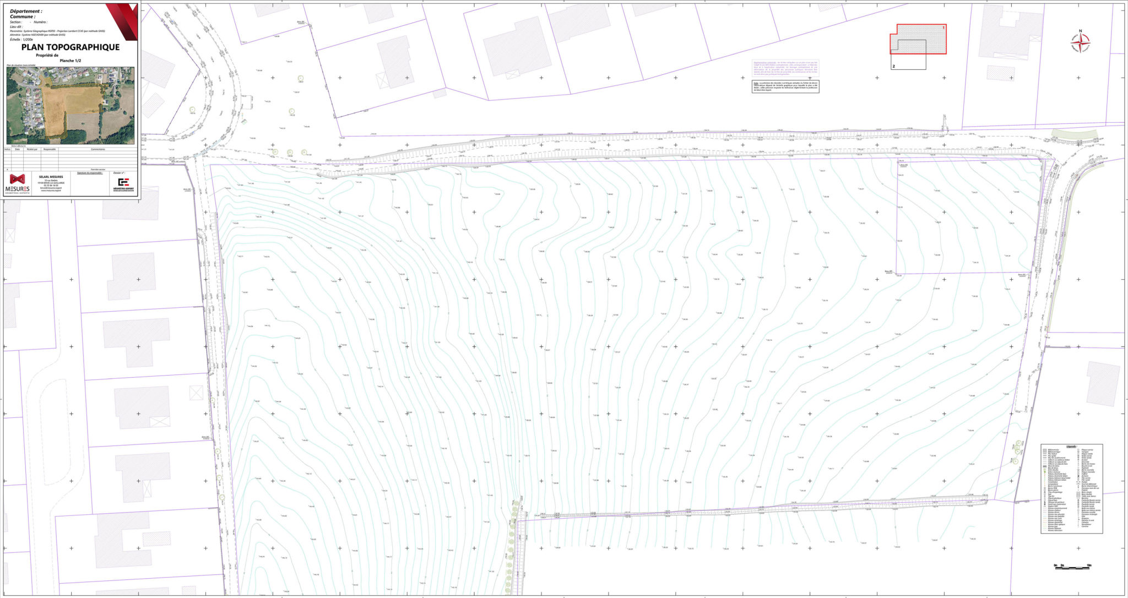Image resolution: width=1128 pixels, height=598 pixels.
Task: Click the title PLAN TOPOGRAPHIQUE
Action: tap(70, 47)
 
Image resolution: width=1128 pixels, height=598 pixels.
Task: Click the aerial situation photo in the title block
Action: tap(70, 105)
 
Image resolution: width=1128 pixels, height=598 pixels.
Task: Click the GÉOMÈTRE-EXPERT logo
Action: tap(123, 184)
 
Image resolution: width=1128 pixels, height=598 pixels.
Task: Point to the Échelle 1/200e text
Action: tap(21, 40)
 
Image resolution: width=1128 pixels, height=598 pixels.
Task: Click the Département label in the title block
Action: tap(26, 11)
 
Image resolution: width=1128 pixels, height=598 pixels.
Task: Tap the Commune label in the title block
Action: tap(23, 17)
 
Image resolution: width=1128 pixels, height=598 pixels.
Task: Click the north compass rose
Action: tap(1080, 41)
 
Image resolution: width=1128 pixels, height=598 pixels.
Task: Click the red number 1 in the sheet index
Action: tap(943, 27)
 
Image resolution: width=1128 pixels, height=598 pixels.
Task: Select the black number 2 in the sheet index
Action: tap(893, 66)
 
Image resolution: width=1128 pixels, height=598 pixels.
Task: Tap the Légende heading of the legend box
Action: tap(1071, 447)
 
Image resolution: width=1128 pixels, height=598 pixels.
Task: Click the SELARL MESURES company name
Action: tap(51, 177)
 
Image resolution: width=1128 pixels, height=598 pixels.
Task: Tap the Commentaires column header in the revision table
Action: tap(98, 149)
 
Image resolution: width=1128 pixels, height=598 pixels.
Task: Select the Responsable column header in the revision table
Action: tap(50, 149)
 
